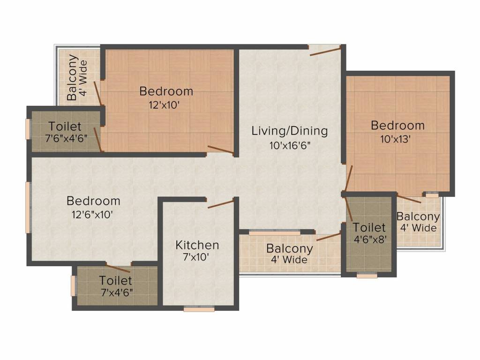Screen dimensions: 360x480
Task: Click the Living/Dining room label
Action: coord(289,131)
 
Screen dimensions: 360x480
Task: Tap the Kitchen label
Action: coord(197,245)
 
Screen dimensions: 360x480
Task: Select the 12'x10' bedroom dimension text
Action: coord(163,105)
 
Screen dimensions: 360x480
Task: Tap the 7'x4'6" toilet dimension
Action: coord(115,293)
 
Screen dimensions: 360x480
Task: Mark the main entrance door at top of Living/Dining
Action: coord(325,51)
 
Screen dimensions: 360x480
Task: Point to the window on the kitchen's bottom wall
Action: coord(199,309)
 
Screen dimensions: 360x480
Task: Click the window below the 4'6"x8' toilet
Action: coord(367,276)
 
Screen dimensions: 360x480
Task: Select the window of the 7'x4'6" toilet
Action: coord(73,286)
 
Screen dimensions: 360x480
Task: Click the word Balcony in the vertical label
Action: coord(72,78)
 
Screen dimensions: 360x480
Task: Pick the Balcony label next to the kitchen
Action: coord(289,248)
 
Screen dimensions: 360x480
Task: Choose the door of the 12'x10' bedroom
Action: coord(220,150)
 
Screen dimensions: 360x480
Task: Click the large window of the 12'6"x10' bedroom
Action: coord(28,207)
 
